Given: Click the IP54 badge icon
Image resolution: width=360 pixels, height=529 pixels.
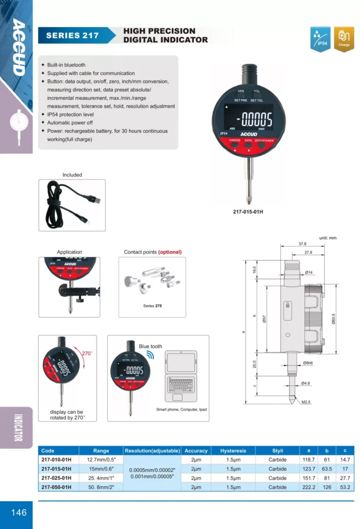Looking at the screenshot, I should [321, 39].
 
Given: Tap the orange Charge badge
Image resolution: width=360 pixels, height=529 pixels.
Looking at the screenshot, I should [344, 39].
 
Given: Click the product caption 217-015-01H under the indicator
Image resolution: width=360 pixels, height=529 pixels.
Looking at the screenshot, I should [252, 211].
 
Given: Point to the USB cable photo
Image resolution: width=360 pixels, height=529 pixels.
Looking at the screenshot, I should [72, 205].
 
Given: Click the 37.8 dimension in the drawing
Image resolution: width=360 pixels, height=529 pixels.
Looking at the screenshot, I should [302, 244].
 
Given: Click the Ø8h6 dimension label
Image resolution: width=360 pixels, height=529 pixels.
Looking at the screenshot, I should [309, 363].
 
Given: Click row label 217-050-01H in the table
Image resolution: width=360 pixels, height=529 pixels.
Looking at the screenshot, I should [57, 487].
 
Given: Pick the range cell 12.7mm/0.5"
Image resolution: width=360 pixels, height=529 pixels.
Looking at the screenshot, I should [101, 460].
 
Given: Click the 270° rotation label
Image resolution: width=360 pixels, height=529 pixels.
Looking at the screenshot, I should [87, 353].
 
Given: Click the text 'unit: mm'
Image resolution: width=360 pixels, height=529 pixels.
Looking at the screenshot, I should [327, 238].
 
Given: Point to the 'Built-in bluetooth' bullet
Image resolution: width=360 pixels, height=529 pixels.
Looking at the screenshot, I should [66, 65].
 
